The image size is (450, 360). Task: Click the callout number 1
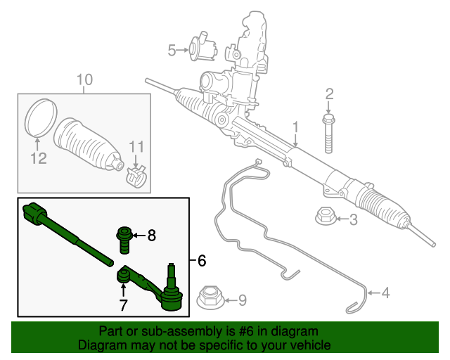coord(296,127)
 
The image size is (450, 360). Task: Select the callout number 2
coord(329,94)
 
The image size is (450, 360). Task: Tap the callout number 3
coord(354,220)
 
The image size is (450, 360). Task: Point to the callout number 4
coord(385,292)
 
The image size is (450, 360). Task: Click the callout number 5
coord(172,50)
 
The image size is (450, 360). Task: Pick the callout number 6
coord(202,261)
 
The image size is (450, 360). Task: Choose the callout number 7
coord(123,305)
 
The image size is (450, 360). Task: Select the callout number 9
coord(242,301)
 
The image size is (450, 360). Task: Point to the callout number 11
coord(136,146)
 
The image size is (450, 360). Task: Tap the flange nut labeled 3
coord(324,218)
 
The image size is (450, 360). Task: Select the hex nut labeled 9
coord(210,299)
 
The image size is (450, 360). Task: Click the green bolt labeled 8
coord(123,239)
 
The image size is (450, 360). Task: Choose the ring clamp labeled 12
coord(41,118)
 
